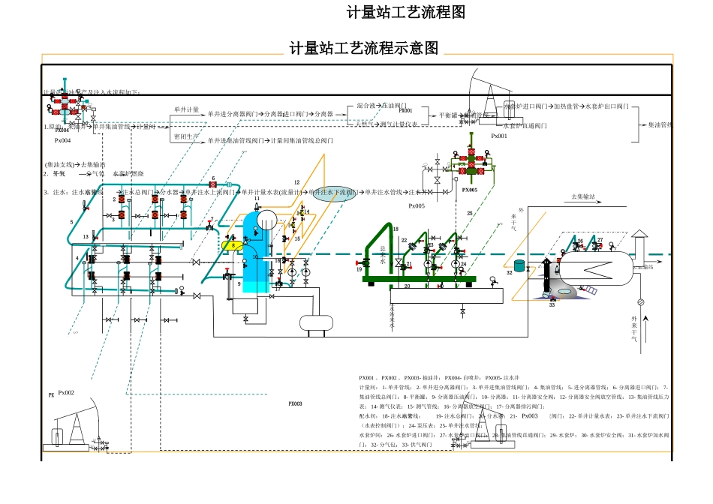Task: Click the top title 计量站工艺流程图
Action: pyautogui.click(x=405, y=13)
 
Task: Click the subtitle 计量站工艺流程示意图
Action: pyautogui.click(x=364, y=49)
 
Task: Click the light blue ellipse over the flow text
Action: pyautogui.click(x=334, y=193)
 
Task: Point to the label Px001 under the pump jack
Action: pyautogui.click(x=499, y=136)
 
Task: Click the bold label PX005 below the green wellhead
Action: pyautogui.click(x=470, y=190)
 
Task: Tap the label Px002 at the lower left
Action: pyautogui.click(x=66, y=392)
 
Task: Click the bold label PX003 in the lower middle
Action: pyautogui.click(x=295, y=403)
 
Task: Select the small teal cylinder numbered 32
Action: pyautogui.click(x=519, y=265)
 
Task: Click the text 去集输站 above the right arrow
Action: pyautogui.click(x=583, y=197)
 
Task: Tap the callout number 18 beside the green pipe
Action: pyautogui.click(x=396, y=229)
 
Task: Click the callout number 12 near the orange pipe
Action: pyautogui.click(x=296, y=182)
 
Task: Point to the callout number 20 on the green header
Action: pyautogui.click(x=407, y=286)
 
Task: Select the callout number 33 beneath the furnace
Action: pyautogui.click(x=552, y=305)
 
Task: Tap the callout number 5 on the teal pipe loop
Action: pyautogui.click(x=72, y=222)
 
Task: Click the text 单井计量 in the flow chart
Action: pyautogui.click(x=187, y=109)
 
